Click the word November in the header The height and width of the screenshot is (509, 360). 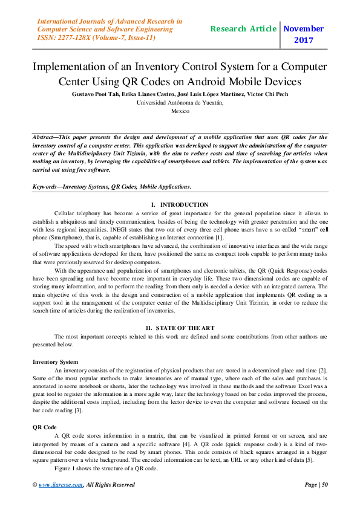304,28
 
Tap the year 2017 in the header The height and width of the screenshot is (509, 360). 303,41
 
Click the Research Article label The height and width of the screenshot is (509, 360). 243,28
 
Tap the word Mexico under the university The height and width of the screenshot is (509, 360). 180,111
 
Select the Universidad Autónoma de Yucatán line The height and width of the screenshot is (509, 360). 180,103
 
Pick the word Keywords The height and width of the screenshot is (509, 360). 47,187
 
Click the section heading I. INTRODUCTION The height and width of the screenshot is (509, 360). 180,205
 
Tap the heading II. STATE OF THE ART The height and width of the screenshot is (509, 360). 180,328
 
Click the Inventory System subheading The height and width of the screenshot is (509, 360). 56,361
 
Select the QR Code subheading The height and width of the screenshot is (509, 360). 45,427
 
